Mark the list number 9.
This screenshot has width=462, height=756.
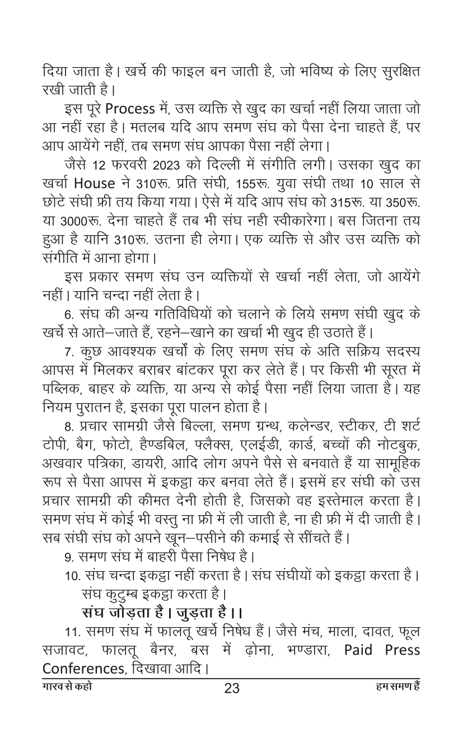pos(68,557)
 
